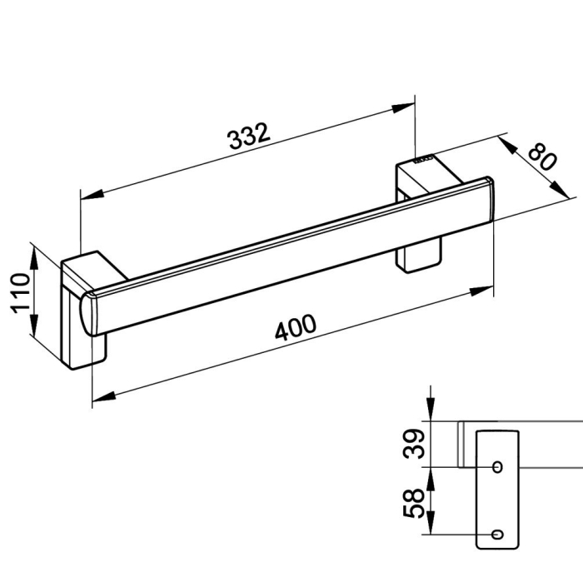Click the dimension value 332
coord(248,136)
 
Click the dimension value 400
coord(296,327)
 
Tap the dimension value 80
coord(543,156)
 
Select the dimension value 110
coord(21,293)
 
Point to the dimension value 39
coord(414,444)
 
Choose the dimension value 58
coord(413,503)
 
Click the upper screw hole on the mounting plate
coord(497,467)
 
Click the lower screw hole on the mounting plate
coord(497,535)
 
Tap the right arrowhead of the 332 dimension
coord(403,107)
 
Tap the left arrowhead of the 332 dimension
coord(92,195)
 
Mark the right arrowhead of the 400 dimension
coord(482,291)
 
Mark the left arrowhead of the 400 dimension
coord(104,397)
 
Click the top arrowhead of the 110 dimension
coord(33,259)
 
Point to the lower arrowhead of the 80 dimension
coord(560,190)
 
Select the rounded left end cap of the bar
coord(88,314)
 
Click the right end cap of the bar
coord(490,200)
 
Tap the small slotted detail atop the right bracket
coord(423,160)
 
